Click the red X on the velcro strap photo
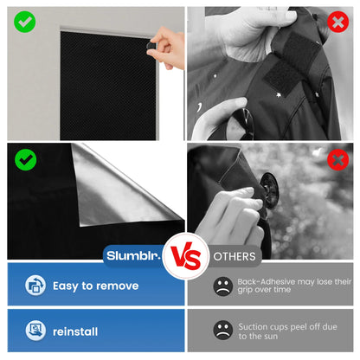coord(338,21)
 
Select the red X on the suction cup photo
coord(338,159)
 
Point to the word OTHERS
coord(235,256)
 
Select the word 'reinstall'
coord(75,331)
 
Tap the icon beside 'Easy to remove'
coord(35,286)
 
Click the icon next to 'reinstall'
coord(35,330)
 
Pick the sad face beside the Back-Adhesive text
coord(223,285)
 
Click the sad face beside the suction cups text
coord(223,330)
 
